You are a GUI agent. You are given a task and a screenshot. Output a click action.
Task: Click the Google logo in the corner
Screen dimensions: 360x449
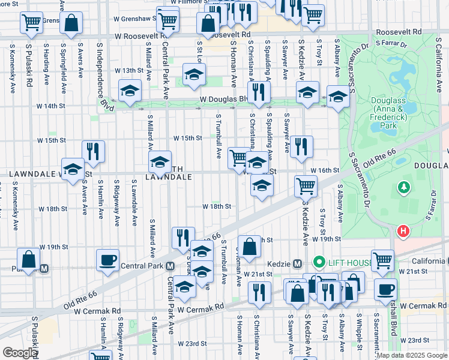[x=19, y=353]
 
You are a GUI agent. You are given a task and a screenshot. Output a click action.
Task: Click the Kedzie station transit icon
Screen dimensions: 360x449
[x=297, y=264]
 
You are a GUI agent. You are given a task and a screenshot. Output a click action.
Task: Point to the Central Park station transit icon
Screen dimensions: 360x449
[x=170, y=266]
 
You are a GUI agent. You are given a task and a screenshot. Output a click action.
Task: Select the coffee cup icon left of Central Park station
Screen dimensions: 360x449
[x=108, y=260]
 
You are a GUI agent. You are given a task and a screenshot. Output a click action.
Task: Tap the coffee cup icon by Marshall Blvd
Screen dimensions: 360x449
[x=385, y=289]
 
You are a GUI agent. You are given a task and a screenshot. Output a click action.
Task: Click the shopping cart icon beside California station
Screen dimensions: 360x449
[x=382, y=260]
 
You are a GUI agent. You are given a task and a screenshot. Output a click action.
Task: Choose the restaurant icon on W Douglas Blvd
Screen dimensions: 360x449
[x=259, y=92]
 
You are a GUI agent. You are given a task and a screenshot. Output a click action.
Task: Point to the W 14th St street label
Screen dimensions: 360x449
[x=50, y=106]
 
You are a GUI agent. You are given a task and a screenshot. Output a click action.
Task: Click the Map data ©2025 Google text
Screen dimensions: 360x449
[x=412, y=355]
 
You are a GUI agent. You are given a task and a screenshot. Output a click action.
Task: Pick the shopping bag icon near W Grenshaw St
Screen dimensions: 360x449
[x=71, y=23]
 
